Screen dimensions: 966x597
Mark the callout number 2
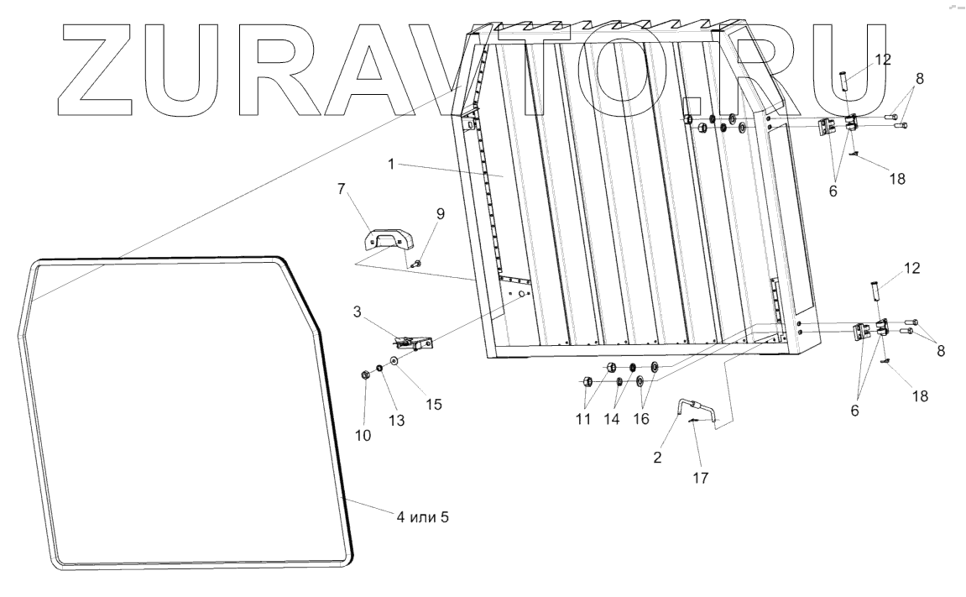(658, 458)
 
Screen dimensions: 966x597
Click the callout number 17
(700, 479)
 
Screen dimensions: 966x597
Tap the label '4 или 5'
(422, 517)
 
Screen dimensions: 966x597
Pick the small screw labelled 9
(418, 264)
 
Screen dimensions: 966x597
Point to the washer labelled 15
(394, 363)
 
